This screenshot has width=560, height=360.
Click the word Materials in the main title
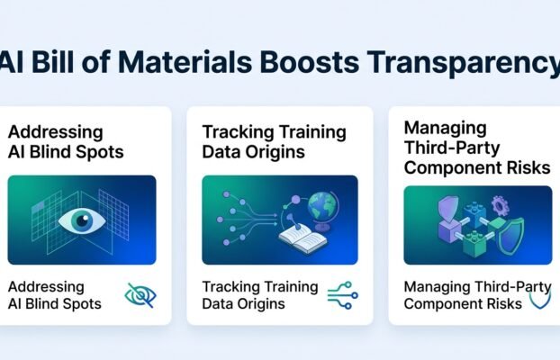pyautogui.click(x=185, y=62)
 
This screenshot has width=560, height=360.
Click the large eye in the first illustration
pyautogui.click(x=82, y=220)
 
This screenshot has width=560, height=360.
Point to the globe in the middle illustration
pyautogui.click(x=322, y=210)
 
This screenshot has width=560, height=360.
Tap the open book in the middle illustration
pyautogui.click(x=303, y=238)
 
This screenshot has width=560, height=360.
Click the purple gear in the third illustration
pyautogui.click(x=500, y=205)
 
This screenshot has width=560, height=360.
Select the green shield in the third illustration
pyautogui.click(x=510, y=235)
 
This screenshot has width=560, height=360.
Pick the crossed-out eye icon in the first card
pyautogui.click(x=140, y=296)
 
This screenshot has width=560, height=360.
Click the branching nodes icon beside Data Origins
pyautogui.click(x=342, y=295)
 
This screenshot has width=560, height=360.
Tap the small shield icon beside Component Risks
pyautogui.click(x=540, y=300)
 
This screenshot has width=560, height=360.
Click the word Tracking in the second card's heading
pyautogui.click(x=233, y=132)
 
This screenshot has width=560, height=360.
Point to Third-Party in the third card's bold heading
pyautogui.click(x=452, y=148)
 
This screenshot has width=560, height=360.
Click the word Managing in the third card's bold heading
pyautogui.click(x=446, y=129)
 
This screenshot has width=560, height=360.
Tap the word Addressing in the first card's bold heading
pyautogui.click(x=55, y=132)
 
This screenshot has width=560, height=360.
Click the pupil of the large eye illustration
pyautogui.click(x=83, y=220)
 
